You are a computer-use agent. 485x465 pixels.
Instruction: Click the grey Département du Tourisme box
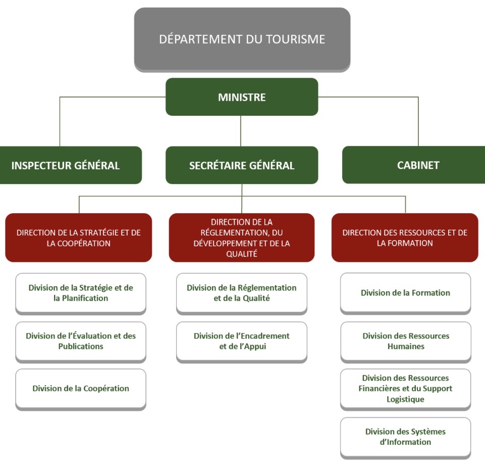[242, 39]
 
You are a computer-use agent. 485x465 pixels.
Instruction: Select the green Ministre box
[242, 97]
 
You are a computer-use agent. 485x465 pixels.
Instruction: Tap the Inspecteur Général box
[66, 165]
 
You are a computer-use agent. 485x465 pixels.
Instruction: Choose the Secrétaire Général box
[242, 165]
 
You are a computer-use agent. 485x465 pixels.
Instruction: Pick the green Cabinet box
[413, 165]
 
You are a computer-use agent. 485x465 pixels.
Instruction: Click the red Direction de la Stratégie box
[79, 238]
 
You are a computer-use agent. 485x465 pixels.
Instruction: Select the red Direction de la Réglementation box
[242, 238]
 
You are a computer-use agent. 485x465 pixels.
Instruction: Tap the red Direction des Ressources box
[405, 238]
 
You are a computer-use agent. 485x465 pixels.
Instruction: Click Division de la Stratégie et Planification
[81, 293]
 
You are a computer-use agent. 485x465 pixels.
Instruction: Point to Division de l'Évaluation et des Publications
[81, 341]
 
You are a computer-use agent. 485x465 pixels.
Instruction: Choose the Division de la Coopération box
[81, 389]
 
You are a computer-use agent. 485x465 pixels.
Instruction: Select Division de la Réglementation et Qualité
[242, 293]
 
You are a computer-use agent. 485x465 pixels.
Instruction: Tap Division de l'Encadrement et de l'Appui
[242, 341]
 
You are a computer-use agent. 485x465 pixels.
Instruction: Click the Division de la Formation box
[405, 293]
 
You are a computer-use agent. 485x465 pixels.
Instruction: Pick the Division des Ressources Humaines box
[405, 341]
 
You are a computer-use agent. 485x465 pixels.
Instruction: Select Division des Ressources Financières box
[405, 389]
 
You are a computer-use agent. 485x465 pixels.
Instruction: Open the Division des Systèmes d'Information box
[405, 437]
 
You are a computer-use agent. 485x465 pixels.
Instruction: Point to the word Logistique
[405, 399]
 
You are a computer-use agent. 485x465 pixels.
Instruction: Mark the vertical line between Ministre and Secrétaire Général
[241, 131]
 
